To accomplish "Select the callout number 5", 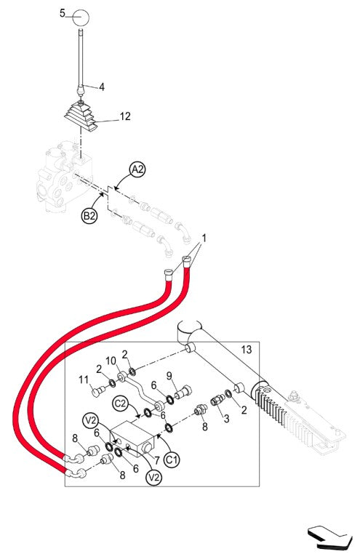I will coord(63,13).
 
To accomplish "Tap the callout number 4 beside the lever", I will coord(102,87).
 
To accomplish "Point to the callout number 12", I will coord(125,116).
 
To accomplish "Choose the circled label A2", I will coord(137,169).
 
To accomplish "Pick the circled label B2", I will coord(90,216).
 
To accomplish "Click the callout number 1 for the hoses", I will coord(204,238).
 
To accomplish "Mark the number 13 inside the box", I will coord(246,350).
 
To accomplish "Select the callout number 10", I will coord(111,361).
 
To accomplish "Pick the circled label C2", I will coord(121,401).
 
